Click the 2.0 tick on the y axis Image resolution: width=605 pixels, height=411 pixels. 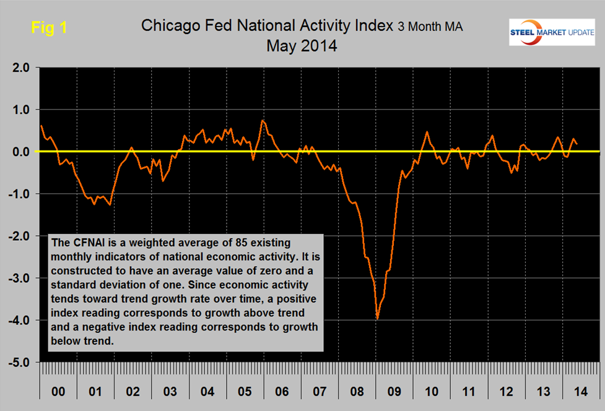coord(19,67)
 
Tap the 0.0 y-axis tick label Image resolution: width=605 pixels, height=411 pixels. coord(19,152)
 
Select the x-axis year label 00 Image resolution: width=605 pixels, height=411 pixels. coord(56,392)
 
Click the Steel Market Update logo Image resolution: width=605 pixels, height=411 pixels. coord(549,32)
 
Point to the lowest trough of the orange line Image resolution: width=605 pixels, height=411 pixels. coord(377,319)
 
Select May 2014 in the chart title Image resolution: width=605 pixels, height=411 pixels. coord(302,45)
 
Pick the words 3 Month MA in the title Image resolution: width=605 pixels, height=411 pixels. coord(430,27)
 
